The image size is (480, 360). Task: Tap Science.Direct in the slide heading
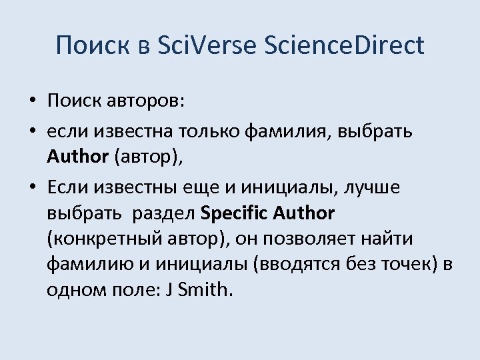[x=344, y=45]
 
